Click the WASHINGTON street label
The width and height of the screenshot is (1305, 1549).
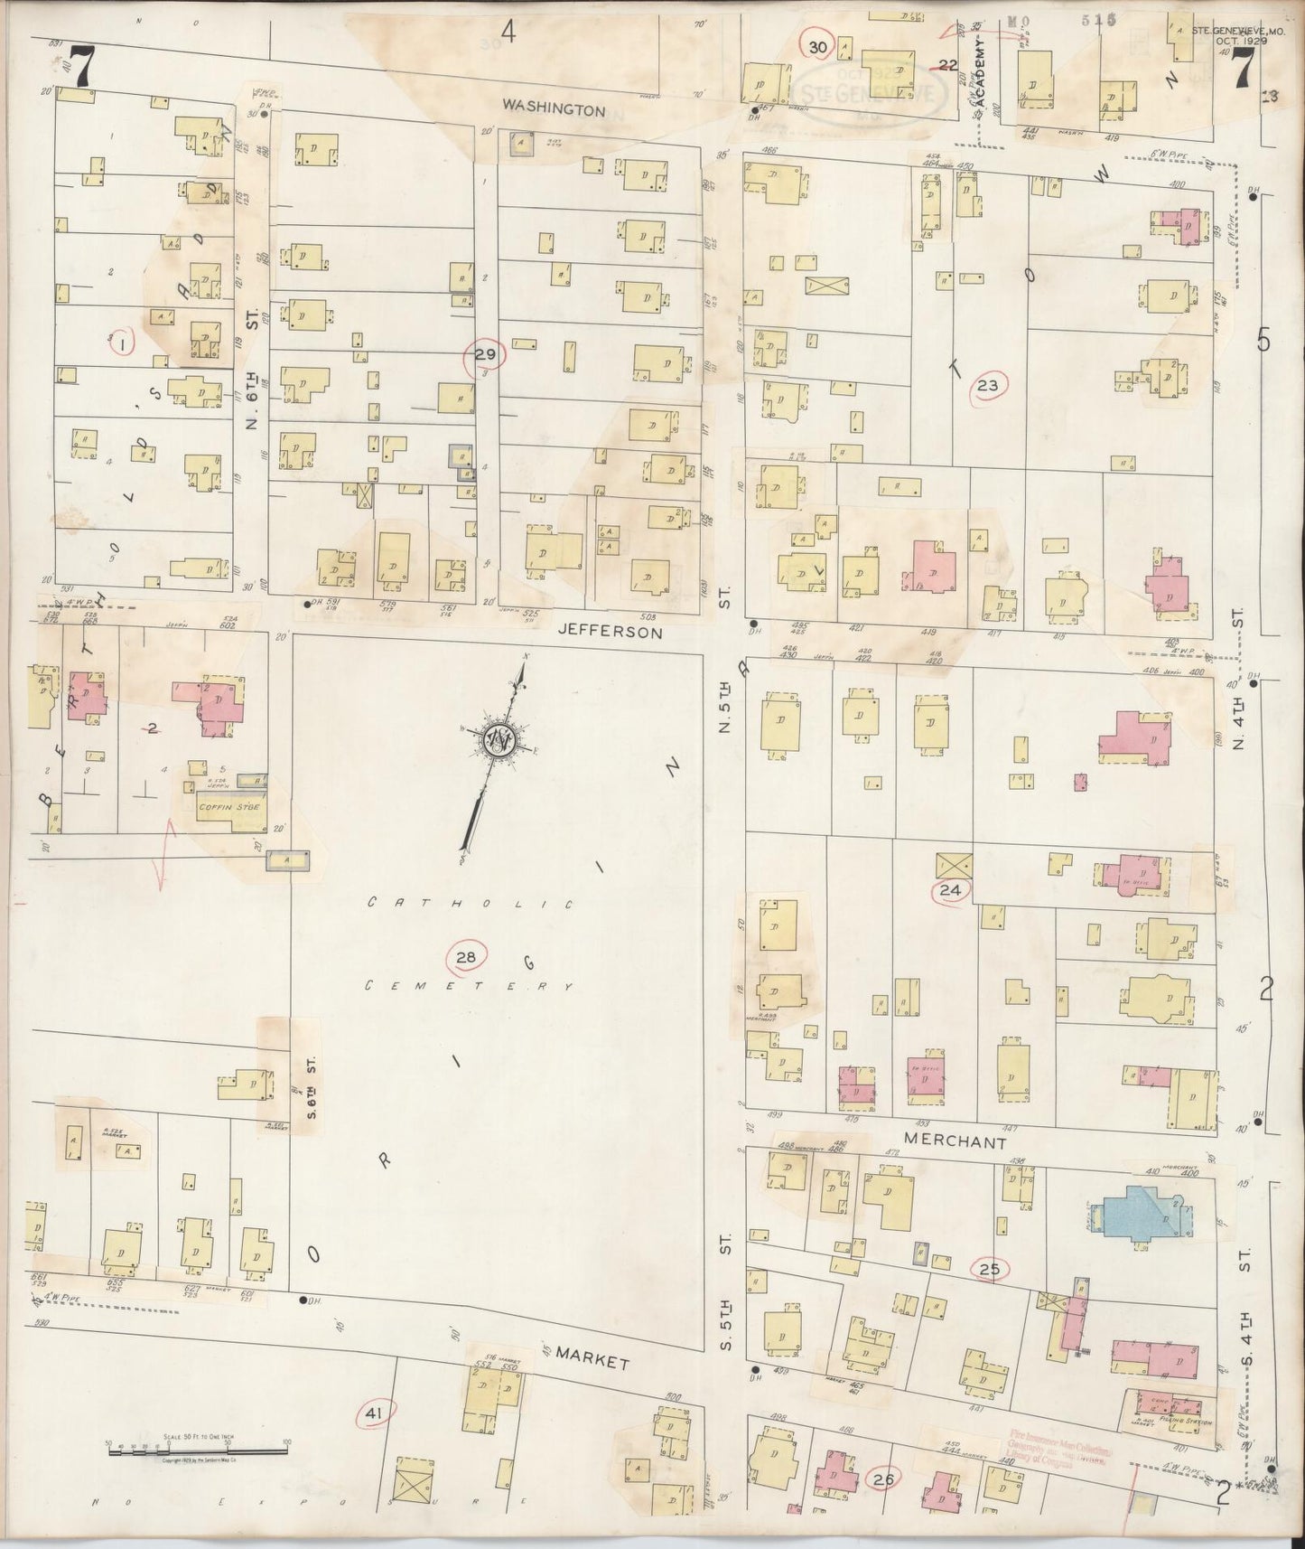[554, 109]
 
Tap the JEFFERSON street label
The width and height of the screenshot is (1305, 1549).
[610, 633]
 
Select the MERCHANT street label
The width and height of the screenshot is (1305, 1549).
[954, 1142]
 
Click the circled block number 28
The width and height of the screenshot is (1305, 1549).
[466, 956]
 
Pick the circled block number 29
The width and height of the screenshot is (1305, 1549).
[485, 355]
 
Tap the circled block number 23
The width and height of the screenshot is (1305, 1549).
[988, 387]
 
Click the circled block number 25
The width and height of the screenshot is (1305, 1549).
[990, 1269]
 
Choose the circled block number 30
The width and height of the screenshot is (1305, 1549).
[818, 47]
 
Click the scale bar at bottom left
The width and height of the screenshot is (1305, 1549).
[197, 1451]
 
